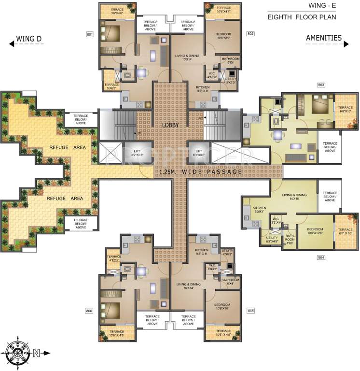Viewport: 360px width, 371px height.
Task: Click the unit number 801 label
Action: [89, 34]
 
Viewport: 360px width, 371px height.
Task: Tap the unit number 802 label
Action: [250, 34]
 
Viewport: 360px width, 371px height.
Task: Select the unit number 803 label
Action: [321, 85]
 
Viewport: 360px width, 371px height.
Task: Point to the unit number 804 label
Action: [321, 257]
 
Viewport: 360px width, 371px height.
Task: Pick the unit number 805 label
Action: [250, 311]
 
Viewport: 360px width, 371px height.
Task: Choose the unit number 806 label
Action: [89, 311]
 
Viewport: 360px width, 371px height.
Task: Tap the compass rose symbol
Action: [17, 353]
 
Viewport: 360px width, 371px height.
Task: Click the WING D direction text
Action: [29, 39]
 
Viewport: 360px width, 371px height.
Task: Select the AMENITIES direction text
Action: [323, 38]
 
